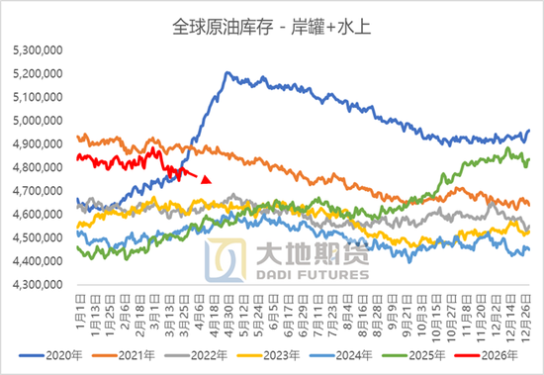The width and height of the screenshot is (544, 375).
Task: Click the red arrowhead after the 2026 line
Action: (206, 179)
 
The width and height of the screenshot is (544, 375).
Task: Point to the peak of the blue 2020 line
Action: (227, 73)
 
